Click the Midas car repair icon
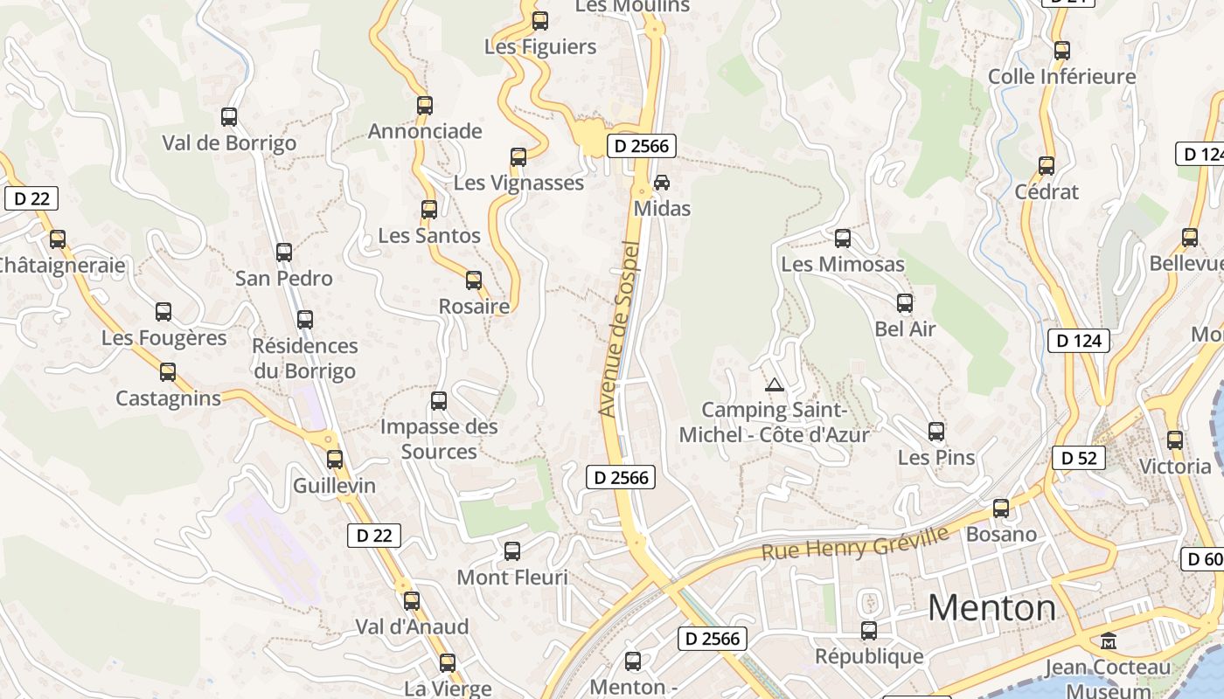coord(662,183)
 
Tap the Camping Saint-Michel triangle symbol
coord(774,384)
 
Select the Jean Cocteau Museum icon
coord(1109,641)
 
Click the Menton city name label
coord(991,608)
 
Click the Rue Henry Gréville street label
coord(854,544)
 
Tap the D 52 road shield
coord(1078,458)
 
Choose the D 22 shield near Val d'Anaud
coord(374,536)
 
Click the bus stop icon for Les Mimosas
coord(843,238)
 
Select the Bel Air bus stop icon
coord(905,303)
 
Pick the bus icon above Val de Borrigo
coord(229,116)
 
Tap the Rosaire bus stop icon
coord(474,280)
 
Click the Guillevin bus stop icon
coord(335,460)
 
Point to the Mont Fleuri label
coord(512,578)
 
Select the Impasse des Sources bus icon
coord(439,401)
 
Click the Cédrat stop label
coord(1047,191)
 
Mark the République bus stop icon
coord(869,631)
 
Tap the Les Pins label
coord(936,458)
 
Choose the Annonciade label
coord(425,131)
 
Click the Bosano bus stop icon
coord(1001,509)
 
